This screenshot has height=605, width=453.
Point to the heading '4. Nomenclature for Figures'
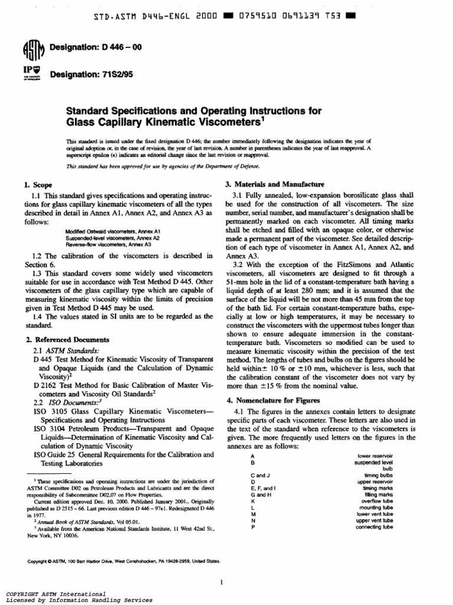click(x=273, y=400)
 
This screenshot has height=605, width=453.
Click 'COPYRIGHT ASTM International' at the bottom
click(x=55, y=593)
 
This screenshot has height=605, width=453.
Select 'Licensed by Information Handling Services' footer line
click(x=78, y=600)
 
